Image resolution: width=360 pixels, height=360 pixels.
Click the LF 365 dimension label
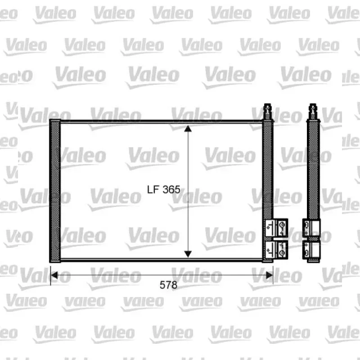[x=163, y=189]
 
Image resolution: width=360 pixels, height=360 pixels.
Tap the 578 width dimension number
[x=168, y=285]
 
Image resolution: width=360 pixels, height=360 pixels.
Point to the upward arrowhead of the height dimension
[x=188, y=129]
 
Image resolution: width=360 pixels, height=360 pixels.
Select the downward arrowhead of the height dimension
[x=188, y=254]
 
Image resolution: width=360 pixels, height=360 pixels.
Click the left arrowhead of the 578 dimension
[x=54, y=275]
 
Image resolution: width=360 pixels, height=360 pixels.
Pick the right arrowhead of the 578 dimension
[x=269, y=275]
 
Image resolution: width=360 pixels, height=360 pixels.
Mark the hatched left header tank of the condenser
[x=55, y=191]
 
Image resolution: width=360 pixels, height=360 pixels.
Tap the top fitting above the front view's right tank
[x=268, y=111]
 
